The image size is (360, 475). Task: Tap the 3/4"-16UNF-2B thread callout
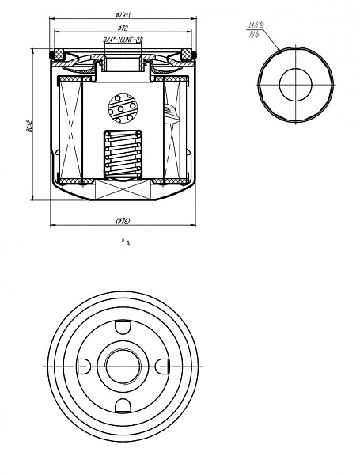click(123, 39)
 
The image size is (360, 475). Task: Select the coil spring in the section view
click(123, 154)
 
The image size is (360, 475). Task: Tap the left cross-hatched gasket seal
click(58, 55)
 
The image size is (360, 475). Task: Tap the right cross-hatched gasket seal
click(188, 55)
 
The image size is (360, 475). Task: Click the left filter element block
click(70, 131)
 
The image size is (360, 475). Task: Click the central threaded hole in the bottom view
click(123, 365)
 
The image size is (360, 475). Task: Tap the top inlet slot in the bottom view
click(123, 325)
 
